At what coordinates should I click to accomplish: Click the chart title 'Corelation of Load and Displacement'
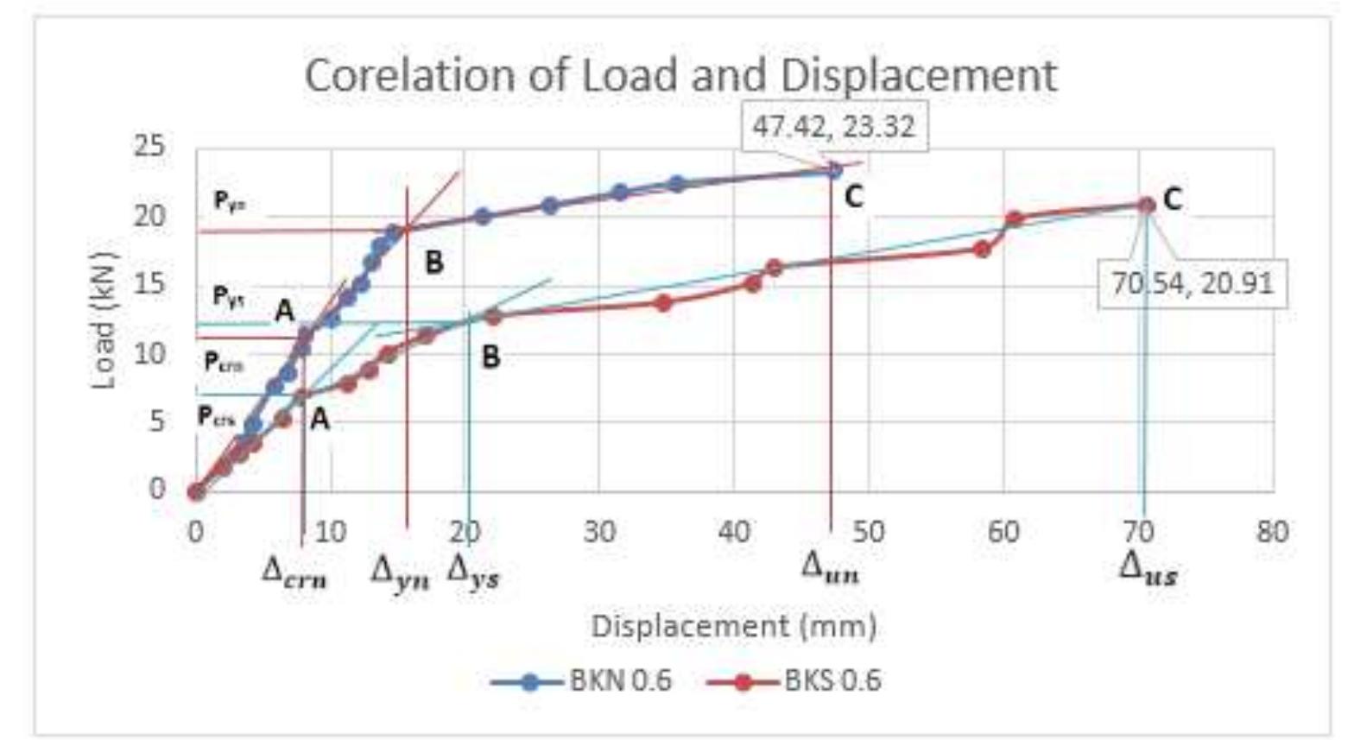coord(680,75)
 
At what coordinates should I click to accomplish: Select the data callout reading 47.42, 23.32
coord(832,127)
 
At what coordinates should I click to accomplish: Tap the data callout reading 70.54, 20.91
coord(1192,282)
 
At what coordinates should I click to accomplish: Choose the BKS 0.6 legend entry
coord(794,680)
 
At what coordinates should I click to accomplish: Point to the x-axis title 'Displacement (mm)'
coord(733,625)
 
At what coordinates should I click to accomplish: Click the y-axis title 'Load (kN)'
coord(103,320)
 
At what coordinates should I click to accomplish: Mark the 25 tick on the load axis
coord(149,145)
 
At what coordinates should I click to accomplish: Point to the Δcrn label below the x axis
coord(294,572)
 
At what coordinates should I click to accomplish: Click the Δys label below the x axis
coord(473,572)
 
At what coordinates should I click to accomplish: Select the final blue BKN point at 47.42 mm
coord(833,171)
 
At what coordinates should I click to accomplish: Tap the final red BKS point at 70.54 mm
coord(1146,205)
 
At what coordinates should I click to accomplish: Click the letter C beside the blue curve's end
coord(853,198)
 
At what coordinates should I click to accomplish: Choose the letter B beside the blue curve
coord(434,262)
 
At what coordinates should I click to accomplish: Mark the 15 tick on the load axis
coord(149,284)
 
